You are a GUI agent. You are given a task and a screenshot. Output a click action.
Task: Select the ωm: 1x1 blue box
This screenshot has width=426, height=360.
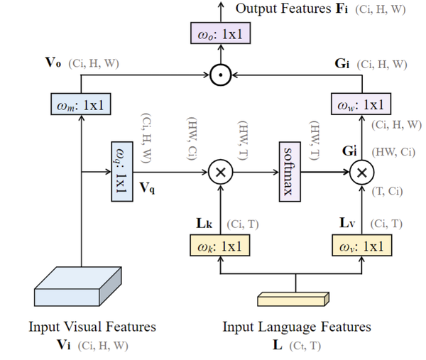[x=82, y=107]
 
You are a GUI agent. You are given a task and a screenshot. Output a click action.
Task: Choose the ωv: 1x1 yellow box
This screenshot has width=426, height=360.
[x=361, y=246]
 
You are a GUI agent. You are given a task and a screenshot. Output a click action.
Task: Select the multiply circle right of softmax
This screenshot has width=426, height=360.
[x=362, y=171]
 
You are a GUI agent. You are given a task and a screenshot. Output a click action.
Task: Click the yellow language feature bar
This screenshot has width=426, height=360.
[x=293, y=298]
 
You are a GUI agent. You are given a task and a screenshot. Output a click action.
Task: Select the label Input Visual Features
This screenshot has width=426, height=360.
[x=92, y=327]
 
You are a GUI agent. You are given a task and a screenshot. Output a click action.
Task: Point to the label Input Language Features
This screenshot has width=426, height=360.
[x=297, y=327]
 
